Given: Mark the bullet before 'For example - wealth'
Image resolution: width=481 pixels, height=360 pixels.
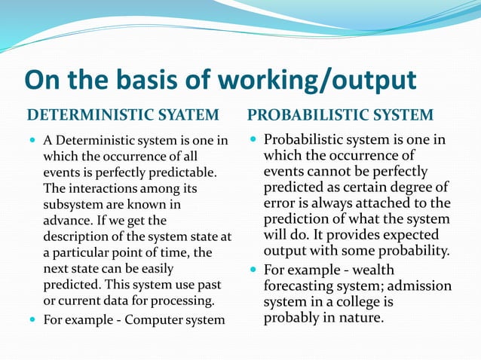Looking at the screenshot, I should click(x=254, y=270).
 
